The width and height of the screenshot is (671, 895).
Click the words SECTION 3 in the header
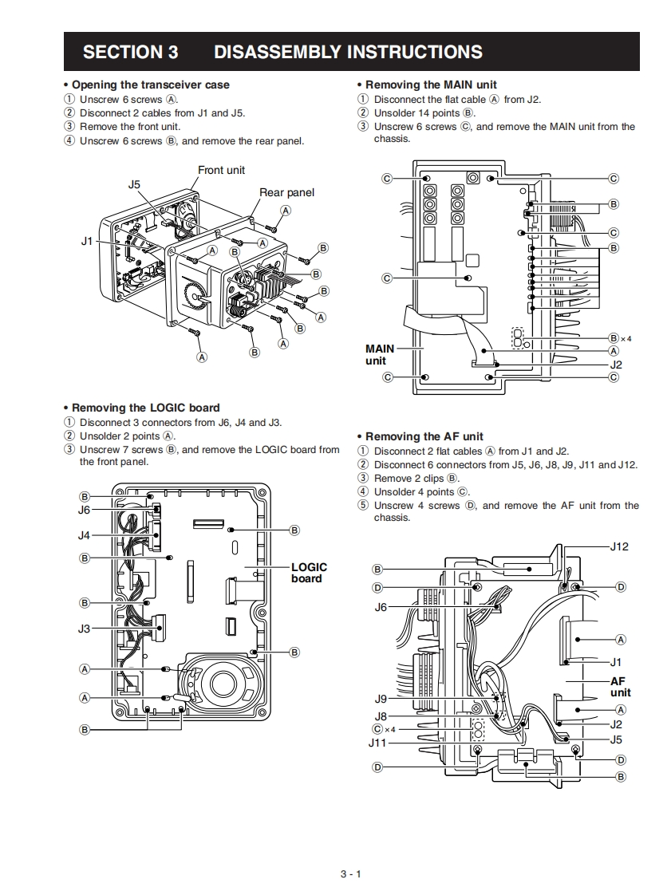click(x=130, y=52)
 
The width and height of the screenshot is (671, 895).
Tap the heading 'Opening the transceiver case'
click(x=150, y=85)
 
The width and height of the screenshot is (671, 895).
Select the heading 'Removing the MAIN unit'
click(x=431, y=85)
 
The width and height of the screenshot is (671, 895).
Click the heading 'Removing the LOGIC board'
click(x=146, y=408)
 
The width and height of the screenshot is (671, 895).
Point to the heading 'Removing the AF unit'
click(x=424, y=436)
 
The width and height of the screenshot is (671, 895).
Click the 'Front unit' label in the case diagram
click(x=221, y=170)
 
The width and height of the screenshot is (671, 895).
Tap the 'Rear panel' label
click(x=286, y=193)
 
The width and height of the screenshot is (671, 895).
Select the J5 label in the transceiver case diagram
click(x=134, y=184)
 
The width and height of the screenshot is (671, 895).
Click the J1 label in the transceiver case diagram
click(x=87, y=242)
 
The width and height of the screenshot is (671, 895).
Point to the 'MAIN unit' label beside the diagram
click(x=380, y=354)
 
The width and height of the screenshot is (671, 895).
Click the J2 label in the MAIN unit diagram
click(x=616, y=365)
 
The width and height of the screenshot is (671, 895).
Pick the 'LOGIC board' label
click(x=309, y=573)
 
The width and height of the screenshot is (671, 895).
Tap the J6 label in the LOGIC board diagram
click(x=84, y=511)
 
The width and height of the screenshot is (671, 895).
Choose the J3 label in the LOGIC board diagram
click(x=84, y=629)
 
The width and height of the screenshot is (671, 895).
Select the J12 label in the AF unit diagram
click(x=619, y=547)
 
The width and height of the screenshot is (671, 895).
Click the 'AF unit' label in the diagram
click(x=620, y=687)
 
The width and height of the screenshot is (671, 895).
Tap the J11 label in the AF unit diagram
click(x=377, y=743)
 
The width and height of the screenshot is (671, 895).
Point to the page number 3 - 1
click(x=350, y=874)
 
